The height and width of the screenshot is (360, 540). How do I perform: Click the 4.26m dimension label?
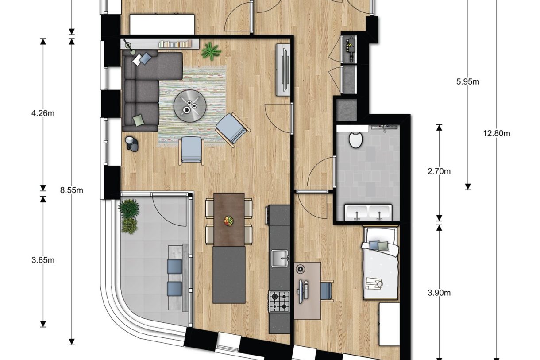[43, 113]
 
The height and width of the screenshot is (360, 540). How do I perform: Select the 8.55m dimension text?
[72, 190]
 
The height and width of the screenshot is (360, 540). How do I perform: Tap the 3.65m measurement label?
[43, 260]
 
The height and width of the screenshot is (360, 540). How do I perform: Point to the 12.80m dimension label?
[497, 133]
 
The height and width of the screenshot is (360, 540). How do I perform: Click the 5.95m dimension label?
[468, 81]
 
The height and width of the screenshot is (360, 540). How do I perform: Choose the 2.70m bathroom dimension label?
[439, 171]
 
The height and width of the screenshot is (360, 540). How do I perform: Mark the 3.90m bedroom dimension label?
[439, 293]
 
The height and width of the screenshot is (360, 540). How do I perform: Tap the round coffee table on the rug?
[190, 105]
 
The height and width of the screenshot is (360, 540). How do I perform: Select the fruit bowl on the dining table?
[229, 221]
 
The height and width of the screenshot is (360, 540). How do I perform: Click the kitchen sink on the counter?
[279, 258]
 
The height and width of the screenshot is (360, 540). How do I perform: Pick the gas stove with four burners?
[279, 301]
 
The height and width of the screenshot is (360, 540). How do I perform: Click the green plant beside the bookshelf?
[211, 51]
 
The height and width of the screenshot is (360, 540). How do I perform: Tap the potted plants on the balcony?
[129, 216]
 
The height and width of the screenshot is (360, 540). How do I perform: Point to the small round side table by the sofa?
[131, 143]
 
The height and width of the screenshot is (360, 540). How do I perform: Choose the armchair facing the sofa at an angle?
[232, 129]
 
